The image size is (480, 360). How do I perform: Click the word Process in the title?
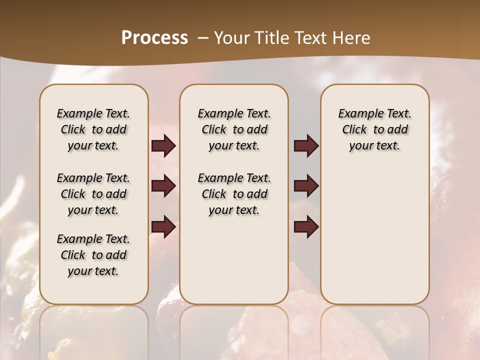[x=154, y=38]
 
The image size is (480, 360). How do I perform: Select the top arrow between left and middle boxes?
[x=163, y=146]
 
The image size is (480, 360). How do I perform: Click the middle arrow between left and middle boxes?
[x=163, y=186]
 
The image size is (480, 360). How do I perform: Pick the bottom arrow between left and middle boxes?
[x=163, y=226]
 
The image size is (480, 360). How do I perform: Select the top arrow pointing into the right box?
[x=306, y=146]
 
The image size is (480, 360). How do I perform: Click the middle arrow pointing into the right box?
[x=306, y=186]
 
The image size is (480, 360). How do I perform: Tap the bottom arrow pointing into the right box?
[x=306, y=226]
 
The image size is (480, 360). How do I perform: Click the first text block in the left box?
[x=93, y=129]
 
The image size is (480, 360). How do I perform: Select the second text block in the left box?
[x=93, y=194]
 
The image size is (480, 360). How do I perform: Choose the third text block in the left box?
[x=93, y=255]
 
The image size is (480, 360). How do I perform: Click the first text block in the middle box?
[x=234, y=129]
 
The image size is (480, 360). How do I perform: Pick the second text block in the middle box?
[x=234, y=194]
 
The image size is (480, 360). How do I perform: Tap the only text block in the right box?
[x=374, y=129]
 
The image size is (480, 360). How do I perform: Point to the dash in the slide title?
[x=202, y=38]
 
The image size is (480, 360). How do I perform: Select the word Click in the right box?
[x=354, y=130]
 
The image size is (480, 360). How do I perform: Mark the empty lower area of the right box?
[x=374, y=230]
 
